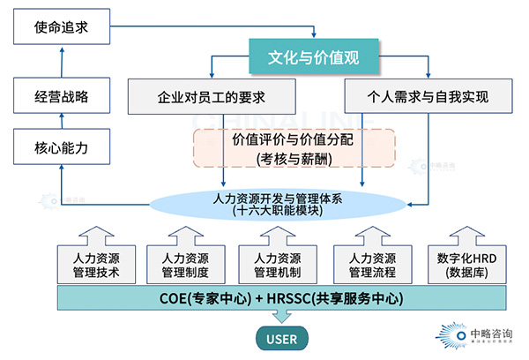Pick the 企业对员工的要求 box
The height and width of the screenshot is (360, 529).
pos(210,96)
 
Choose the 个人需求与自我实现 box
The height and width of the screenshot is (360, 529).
pos(428,96)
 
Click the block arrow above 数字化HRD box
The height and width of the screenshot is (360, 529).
pos(463,234)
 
